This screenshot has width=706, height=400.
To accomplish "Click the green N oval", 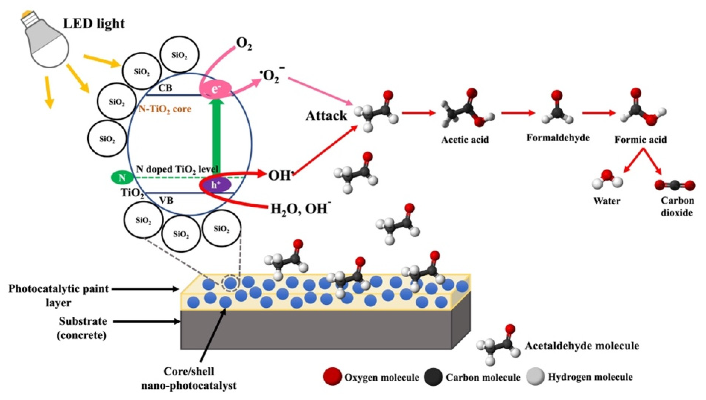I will (x=122, y=178).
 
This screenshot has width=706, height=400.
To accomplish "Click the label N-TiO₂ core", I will (x=165, y=109).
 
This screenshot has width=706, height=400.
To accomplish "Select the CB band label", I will (x=165, y=88).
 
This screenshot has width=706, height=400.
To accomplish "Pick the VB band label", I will (x=167, y=201).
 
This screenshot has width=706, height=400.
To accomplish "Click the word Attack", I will (x=326, y=116).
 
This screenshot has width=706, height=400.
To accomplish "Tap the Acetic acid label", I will (x=465, y=140).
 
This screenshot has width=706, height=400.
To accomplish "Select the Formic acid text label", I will (x=641, y=140).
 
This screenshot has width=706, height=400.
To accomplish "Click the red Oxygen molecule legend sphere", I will (x=333, y=377).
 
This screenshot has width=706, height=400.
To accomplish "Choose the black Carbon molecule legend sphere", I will (x=433, y=377).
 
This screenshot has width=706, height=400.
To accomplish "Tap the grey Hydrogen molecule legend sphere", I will (x=536, y=377).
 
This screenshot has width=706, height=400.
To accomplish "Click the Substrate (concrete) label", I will (x=82, y=328).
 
